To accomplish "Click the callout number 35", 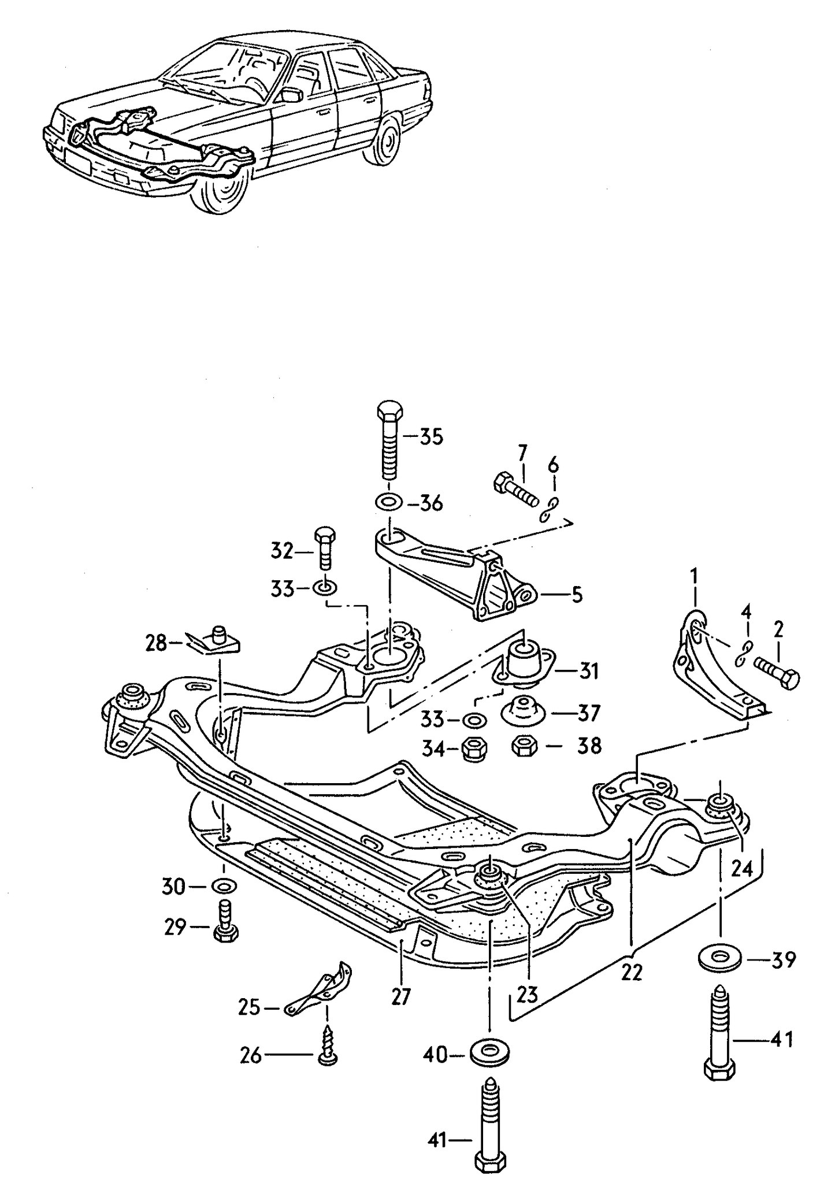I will click(x=431, y=437).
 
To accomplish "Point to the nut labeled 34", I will click(x=475, y=750).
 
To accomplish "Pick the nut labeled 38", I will click(x=525, y=746).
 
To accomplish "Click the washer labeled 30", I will click(x=224, y=885).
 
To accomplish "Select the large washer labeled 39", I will click(x=719, y=959).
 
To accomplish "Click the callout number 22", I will click(x=632, y=973).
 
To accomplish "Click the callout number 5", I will click(x=577, y=595).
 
